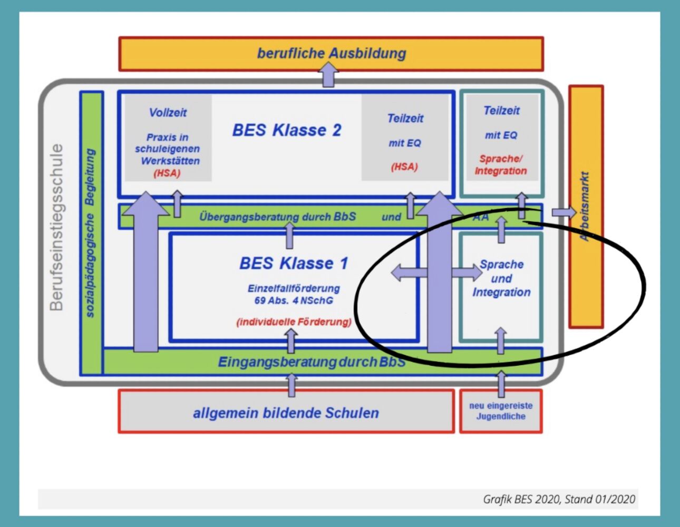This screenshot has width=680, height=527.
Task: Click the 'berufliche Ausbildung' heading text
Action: tap(332, 53)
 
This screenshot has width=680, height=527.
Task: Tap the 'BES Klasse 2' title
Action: tap(287, 130)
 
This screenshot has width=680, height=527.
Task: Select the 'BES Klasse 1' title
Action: tap(294, 263)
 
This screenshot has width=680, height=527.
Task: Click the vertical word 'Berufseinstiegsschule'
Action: tap(56, 227)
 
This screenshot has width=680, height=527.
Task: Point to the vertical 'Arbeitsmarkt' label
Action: tap(585, 206)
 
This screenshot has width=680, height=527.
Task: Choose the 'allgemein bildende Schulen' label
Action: tap(286, 413)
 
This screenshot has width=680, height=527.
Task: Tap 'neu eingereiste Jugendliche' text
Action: tap(501, 411)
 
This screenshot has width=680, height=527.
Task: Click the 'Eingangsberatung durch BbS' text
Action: tap(312, 362)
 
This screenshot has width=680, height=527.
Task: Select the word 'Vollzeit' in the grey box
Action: tap(168, 112)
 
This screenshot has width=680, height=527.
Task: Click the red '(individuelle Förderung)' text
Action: tap(294, 322)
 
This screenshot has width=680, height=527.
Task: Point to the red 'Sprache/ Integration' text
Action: tap(501, 165)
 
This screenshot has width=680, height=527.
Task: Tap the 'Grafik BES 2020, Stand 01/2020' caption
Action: tap(559, 499)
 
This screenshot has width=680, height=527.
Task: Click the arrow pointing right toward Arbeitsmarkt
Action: tap(564, 212)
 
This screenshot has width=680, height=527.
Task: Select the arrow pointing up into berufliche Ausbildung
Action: tap(328, 74)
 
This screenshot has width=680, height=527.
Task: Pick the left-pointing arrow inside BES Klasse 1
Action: tap(409, 272)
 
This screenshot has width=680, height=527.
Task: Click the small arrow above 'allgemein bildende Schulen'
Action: tap(292, 385)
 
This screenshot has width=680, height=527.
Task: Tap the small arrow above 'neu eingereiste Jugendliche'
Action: tap(501, 384)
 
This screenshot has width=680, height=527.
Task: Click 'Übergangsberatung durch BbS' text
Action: tap(278, 217)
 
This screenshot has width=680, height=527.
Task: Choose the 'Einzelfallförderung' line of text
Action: tap(294, 288)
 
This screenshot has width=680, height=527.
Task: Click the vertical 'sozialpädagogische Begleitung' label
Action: tap(90, 233)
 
